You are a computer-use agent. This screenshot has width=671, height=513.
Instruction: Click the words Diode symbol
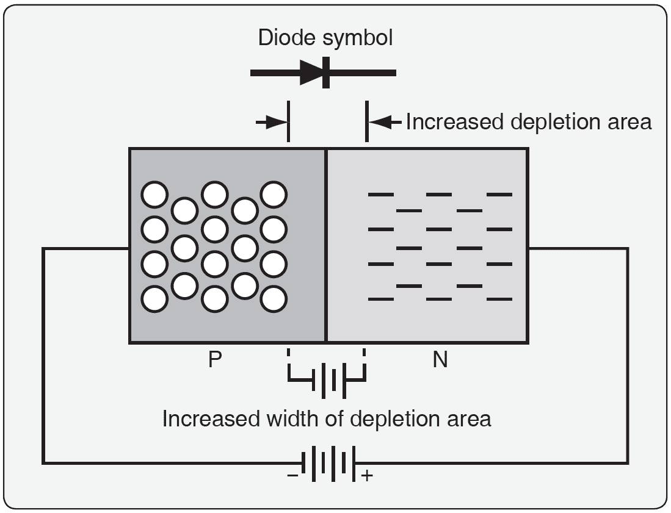coord(325,38)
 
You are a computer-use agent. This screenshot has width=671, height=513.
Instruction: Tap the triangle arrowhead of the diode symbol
coord(311,73)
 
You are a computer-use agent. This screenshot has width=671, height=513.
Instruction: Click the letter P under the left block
coord(214,360)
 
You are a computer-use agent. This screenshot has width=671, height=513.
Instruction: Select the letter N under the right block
coord(440,360)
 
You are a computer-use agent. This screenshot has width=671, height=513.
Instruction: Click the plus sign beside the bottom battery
coord(367,475)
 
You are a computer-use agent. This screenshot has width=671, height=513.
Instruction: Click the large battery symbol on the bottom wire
coord(330,463)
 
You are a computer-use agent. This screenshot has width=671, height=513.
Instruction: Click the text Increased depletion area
coord(529,122)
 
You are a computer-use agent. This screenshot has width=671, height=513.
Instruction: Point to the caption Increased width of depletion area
coord(327,419)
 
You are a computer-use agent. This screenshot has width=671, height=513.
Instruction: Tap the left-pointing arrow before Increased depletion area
coord(384,122)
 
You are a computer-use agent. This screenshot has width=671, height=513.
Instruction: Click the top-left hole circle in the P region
coord(154,195)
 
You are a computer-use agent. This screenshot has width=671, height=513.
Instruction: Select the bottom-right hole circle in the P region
coord(274,299)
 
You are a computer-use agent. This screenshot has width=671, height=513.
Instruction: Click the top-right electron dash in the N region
coord(499,195)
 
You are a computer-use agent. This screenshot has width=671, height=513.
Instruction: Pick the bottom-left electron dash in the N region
coord(381,299)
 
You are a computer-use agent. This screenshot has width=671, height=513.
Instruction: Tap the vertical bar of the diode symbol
coord(326,73)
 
